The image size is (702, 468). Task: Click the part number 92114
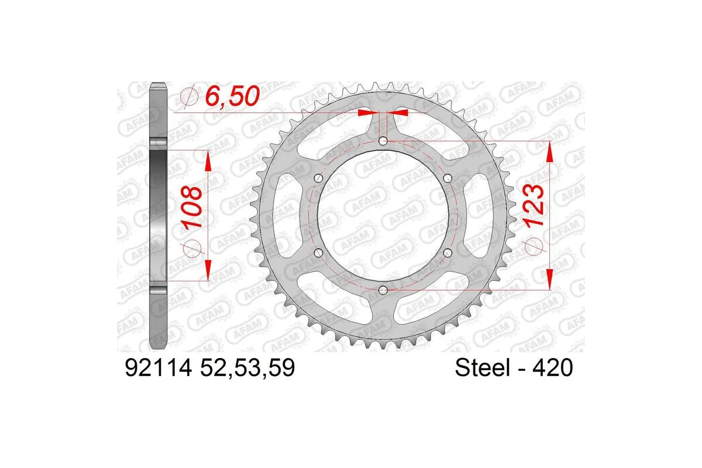[157, 369]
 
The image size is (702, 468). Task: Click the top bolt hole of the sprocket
[383, 141]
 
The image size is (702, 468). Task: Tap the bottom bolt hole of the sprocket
[383, 290]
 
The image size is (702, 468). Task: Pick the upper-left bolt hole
[318, 178]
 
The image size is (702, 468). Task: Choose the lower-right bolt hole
[447, 252]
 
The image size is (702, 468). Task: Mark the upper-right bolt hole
[447, 178]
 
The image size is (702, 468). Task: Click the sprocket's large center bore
[383, 215]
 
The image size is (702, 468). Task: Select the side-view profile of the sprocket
[159, 215]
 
